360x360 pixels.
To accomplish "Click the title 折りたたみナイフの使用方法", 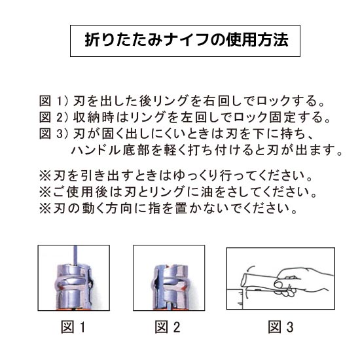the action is (187, 41).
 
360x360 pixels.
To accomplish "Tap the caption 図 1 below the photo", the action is (73, 327).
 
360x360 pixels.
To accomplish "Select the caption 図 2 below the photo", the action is (168, 327).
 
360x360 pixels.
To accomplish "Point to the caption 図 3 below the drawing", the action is (281, 327).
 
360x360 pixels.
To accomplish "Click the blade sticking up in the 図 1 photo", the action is (75, 255).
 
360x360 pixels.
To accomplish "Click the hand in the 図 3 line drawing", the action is (303, 281).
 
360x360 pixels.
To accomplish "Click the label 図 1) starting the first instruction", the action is (54, 101).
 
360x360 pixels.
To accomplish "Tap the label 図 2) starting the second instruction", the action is (54, 117).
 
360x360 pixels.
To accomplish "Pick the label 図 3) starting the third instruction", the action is (54, 134).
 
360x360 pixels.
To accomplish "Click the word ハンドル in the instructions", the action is (96, 151).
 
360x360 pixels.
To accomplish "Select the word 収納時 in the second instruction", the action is (94, 117).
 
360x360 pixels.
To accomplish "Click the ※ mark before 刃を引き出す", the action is (45, 176).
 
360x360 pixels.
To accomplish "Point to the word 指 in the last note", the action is (154, 208).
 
